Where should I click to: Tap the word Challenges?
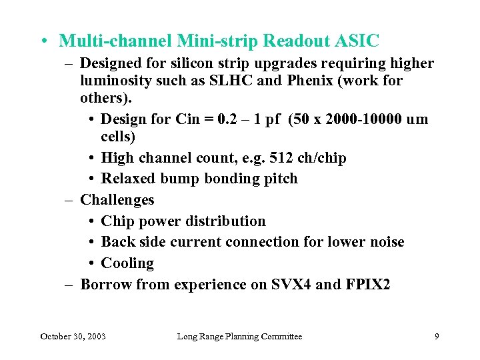[x=117, y=200]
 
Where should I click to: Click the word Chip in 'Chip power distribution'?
[x=117, y=221]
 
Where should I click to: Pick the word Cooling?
[x=127, y=263]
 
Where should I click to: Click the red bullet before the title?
[x=43, y=41]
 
